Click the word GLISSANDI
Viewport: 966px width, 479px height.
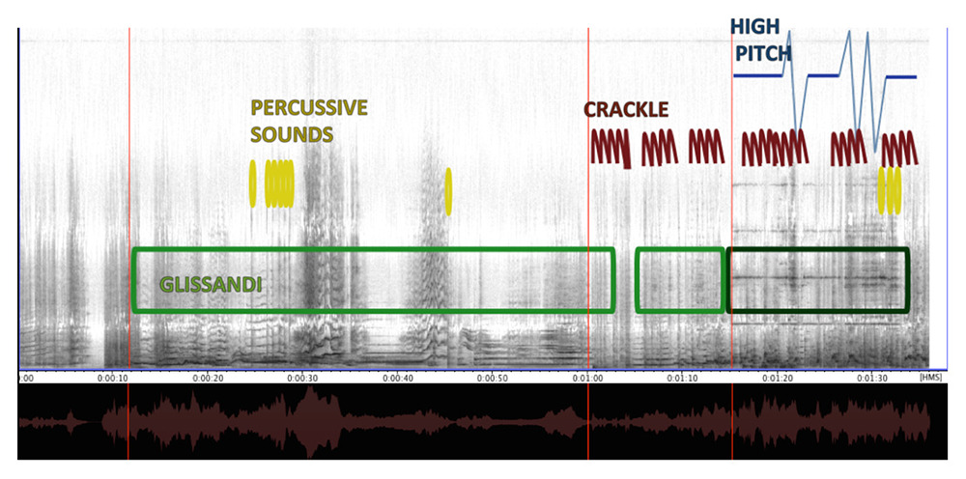click(211, 285)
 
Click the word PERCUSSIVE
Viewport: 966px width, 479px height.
click(309, 108)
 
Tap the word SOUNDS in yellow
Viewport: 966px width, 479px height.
click(292, 134)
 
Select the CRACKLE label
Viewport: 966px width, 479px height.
click(626, 109)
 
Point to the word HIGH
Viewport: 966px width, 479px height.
click(755, 26)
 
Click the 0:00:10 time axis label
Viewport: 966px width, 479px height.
click(112, 378)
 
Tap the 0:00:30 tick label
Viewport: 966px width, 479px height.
click(302, 378)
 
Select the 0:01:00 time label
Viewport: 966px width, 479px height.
click(588, 378)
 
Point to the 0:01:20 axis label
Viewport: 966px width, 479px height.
click(779, 378)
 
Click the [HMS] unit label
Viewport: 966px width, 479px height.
click(930, 378)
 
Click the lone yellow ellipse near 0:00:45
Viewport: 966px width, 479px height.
click(448, 191)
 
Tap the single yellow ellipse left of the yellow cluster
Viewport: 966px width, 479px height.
click(252, 183)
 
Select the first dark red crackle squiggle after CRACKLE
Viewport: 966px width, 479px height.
click(611, 148)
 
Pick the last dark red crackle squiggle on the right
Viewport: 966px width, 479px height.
click(900, 149)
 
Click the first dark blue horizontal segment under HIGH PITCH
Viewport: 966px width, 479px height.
click(757, 75)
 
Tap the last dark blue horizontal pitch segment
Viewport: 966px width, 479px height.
click(900, 77)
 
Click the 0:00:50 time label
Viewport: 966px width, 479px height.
click(493, 378)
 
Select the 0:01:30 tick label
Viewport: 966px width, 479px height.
click(873, 378)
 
